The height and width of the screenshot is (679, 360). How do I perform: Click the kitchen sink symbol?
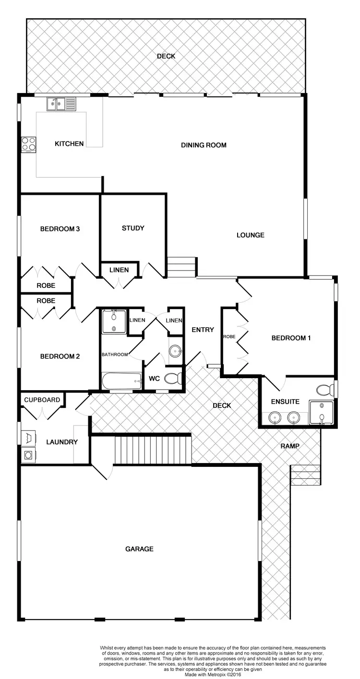point(61,103)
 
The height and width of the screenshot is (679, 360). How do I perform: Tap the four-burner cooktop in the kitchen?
point(28,144)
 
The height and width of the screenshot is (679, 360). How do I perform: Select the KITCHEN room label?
point(69,143)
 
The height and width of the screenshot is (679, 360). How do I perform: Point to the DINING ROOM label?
point(204,145)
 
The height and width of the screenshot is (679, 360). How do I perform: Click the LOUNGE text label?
point(250,235)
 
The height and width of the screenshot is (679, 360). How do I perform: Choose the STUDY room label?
point(133,228)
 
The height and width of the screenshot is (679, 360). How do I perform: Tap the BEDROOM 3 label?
point(60,229)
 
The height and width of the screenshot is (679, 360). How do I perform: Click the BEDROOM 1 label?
point(291,338)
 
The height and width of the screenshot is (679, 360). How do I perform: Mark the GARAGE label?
point(139,548)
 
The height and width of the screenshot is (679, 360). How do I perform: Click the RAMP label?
point(290,446)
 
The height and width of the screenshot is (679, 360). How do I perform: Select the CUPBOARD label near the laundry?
point(42,400)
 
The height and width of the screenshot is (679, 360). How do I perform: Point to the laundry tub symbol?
point(27,437)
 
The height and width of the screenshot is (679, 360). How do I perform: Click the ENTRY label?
point(203,330)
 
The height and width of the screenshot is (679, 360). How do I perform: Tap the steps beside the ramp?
point(305,475)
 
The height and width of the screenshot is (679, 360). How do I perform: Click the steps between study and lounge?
point(182,268)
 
